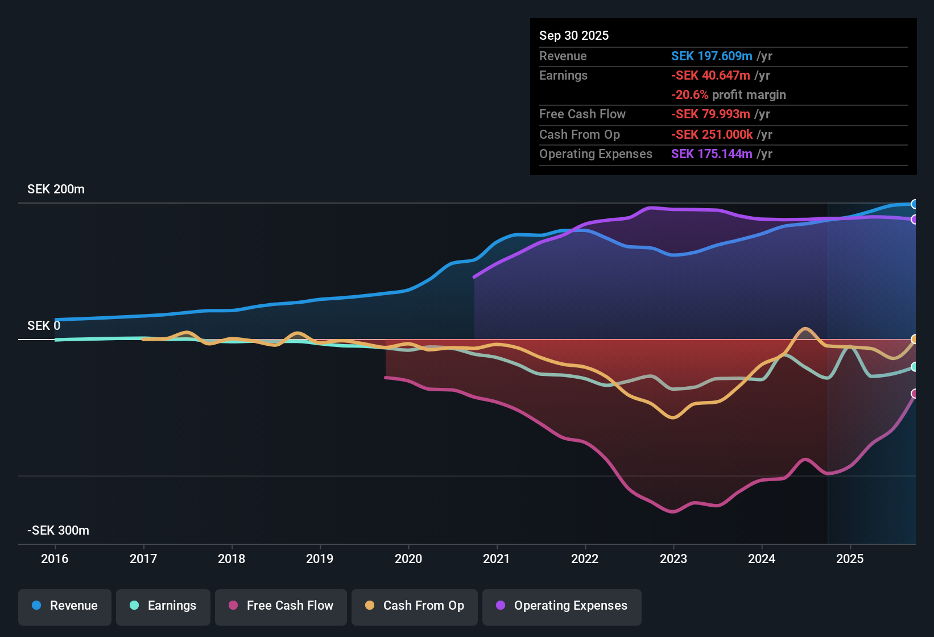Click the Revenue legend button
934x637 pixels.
[65, 606]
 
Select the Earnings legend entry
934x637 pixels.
[163, 606]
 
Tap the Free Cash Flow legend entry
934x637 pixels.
[281, 606]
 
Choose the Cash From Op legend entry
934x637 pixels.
[415, 606]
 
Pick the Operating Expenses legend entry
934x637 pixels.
[562, 606]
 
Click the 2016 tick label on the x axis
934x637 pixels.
[55, 559]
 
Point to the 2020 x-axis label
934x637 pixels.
[408, 559]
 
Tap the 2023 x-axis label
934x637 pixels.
[673, 559]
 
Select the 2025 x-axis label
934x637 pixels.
[850, 559]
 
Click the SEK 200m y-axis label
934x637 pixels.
[56, 189]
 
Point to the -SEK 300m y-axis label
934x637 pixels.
[58, 531]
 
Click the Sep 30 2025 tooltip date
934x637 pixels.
[574, 35]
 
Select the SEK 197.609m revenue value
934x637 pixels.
[712, 56]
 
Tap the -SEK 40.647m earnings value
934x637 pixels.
[710, 75]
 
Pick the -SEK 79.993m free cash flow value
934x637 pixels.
[711, 114]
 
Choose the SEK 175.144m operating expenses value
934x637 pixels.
[712, 154]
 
